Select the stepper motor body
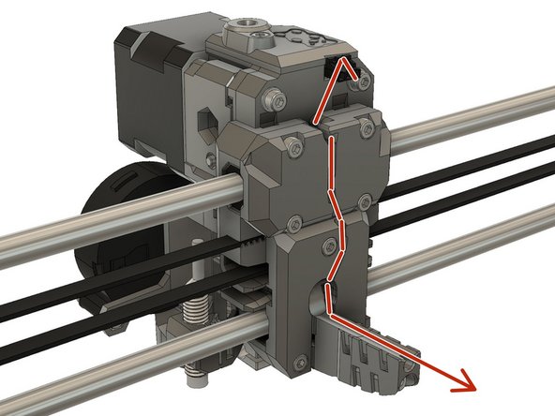point(150,89)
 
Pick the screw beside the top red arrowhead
point(357,83)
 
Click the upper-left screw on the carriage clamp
point(297,147)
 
